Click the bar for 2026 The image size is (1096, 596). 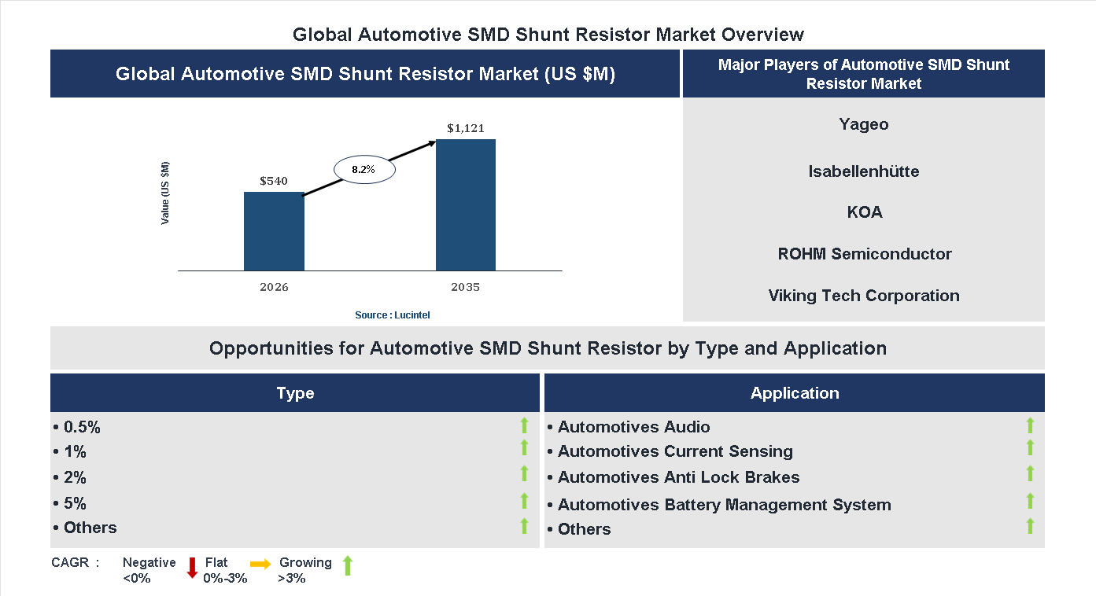point(274,231)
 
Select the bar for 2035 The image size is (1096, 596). point(465,205)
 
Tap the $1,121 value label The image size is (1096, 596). point(465,128)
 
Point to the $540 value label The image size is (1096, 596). point(274,181)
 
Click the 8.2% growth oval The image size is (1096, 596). point(363,169)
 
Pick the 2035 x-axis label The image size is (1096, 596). point(465,287)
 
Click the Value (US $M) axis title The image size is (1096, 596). point(165,193)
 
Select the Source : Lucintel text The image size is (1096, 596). point(393,315)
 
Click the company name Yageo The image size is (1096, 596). point(863,124)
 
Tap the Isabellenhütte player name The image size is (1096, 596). point(863,171)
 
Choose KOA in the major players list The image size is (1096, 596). point(863,212)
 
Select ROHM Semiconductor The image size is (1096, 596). point(864,254)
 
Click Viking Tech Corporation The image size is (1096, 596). point(863,296)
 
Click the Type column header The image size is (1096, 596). point(295,393)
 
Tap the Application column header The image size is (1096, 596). point(794,393)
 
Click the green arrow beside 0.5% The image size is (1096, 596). point(524,425)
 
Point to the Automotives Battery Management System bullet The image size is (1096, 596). point(724,505)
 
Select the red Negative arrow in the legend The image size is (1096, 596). point(192,567)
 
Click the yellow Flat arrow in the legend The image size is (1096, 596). point(260,564)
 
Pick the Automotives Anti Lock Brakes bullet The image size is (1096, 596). point(678,477)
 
